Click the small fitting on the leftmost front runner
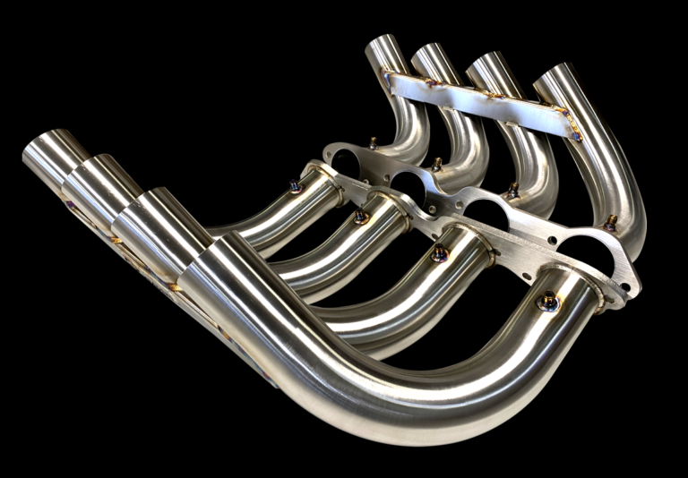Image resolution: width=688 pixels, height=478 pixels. click(x=295, y=186)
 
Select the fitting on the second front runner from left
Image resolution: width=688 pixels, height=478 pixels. click(x=361, y=216)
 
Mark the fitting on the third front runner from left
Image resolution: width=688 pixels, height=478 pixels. click(x=439, y=254)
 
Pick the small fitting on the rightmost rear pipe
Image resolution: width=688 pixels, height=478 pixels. click(x=611, y=221)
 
